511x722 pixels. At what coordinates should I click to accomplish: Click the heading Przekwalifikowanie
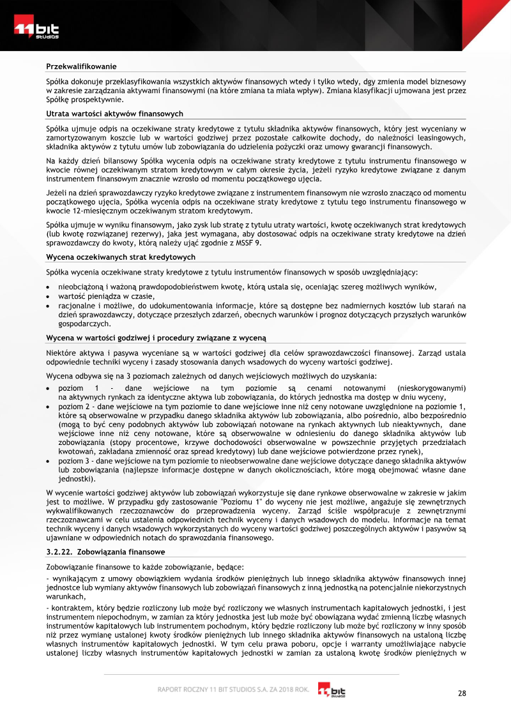[x=81, y=66]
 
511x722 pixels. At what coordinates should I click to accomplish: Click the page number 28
[x=462, y=693]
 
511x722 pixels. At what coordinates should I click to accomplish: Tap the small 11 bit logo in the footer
[x=332, y=690]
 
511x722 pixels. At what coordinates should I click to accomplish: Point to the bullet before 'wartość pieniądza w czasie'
[x=50, y=296]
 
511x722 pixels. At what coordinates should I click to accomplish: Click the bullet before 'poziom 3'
[x=50, y=461]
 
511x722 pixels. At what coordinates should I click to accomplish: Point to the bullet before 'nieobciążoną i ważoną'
[x=50, y=287]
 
